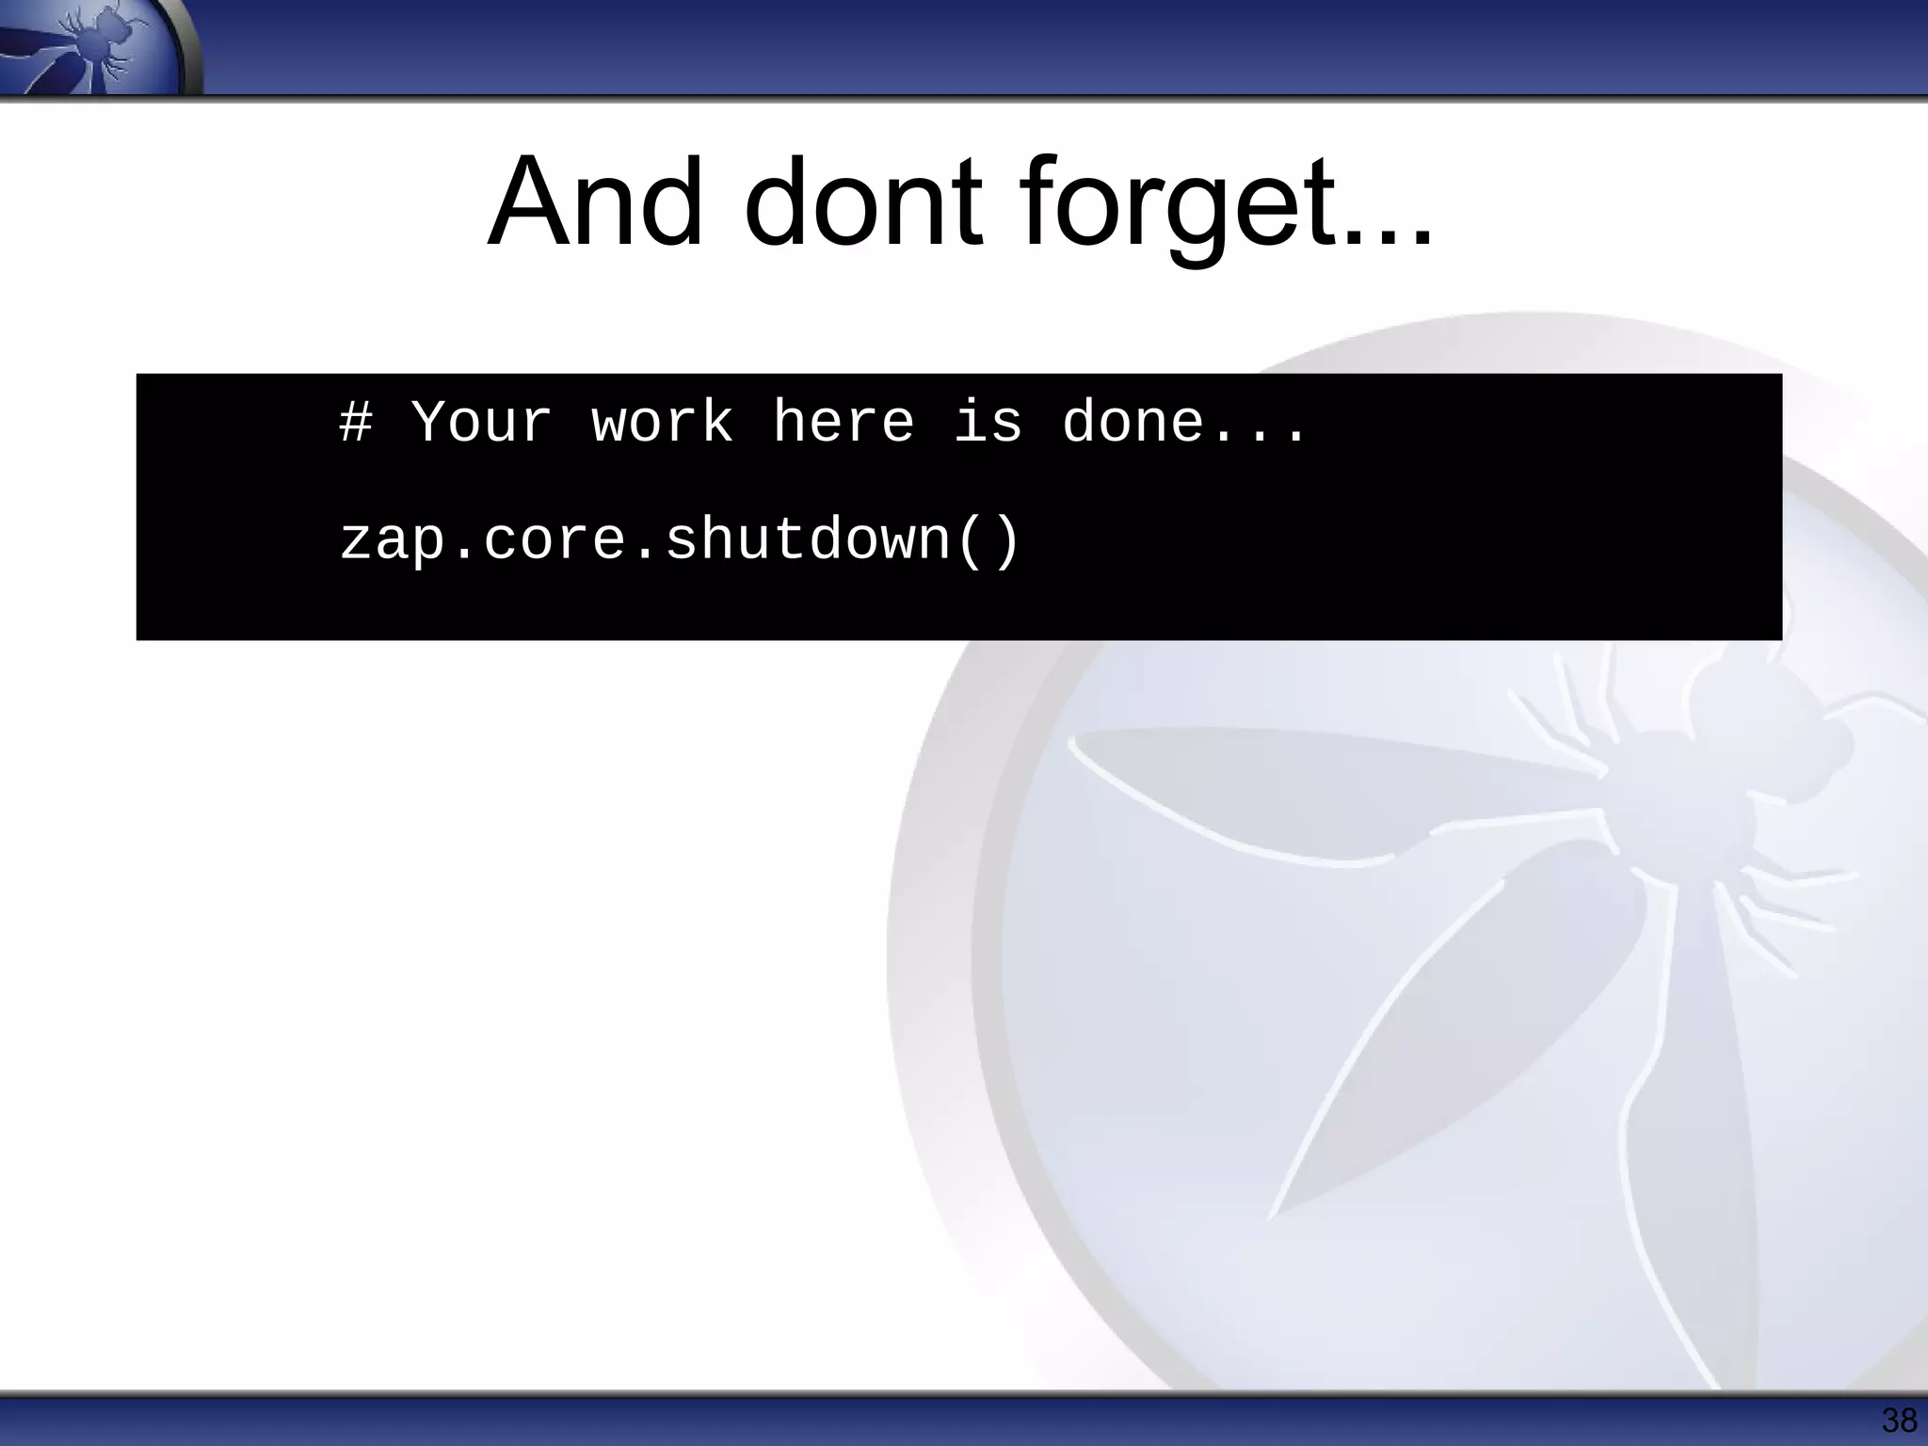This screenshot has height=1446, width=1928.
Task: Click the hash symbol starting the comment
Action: (x=356, y=422)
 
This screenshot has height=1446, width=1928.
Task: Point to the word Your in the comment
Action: (x=481, y=422)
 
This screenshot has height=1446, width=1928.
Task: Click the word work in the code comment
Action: (x=662, y=422)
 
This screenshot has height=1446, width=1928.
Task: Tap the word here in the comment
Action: (x=843, y=422)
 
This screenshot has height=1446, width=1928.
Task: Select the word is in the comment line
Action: (x=988, y=422)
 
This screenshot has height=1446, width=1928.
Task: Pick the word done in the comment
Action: (x=1133, y=422)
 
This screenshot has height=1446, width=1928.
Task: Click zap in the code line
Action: (x=393, y=541)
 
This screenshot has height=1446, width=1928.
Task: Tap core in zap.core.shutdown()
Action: (x=554, y=541)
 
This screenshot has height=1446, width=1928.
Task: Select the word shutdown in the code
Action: (x=809, y=541)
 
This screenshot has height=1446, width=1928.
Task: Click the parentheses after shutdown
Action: (x=988, y=541)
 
